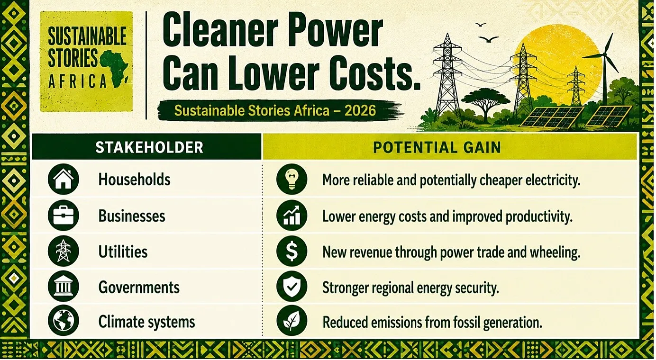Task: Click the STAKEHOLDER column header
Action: (x=149, y=147)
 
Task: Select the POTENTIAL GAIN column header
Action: (x=437, y=147)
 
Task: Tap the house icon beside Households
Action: (x=63, y=179)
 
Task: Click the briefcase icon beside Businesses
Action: (x=63, y=216)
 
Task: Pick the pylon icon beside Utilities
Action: (x=63, y=251)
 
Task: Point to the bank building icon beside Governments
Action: (x=63, y=286)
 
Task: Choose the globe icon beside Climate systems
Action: (x=63, y=321)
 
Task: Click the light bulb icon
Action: (x=292, y=179)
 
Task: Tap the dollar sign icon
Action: (x=292, y=251)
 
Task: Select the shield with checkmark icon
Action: (x=292, y=286)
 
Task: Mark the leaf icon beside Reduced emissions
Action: (x=292, y=321)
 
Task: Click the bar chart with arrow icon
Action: (x=292, y=216)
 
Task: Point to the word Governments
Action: (x=139, y=288)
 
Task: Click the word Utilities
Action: (x=123, y=252)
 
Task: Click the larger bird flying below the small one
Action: (x=488, y=39)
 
